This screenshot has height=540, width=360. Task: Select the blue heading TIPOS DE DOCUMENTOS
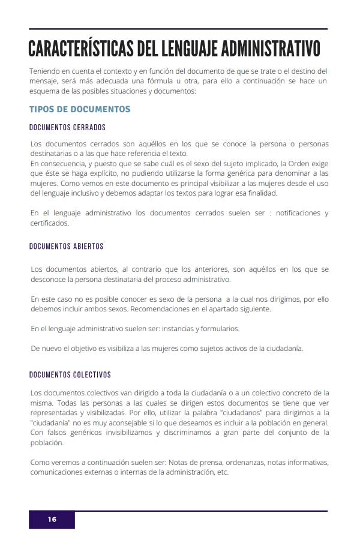80,109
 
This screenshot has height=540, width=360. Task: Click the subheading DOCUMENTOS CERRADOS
67,128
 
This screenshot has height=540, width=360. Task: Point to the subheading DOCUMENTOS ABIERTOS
67,247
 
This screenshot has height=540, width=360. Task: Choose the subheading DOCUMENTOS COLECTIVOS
70,375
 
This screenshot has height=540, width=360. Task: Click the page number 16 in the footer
52,520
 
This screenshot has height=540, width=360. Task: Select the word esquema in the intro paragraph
46,91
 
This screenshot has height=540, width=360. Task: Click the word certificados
50,223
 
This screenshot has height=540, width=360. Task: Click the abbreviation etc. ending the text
223,472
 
